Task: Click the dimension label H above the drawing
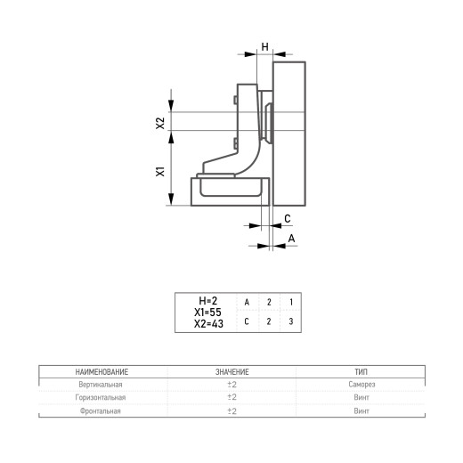264,47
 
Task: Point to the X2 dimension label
160,123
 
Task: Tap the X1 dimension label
160,172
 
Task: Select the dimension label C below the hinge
288,219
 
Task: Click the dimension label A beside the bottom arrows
291,239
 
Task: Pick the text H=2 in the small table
208,301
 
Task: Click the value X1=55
207,313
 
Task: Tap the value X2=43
208,324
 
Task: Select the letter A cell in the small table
247,303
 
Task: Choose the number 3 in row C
291,321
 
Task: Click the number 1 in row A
291,302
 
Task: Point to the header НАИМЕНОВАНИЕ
102,372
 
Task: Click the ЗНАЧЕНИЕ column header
232,372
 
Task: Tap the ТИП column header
361,372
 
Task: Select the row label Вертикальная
101,385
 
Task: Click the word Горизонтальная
101,398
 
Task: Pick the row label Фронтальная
101,411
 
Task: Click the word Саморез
361,385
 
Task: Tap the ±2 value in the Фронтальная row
232,411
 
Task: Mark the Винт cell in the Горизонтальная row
361,398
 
